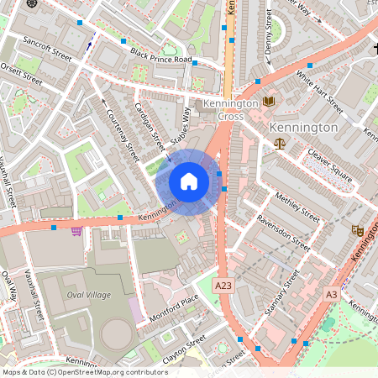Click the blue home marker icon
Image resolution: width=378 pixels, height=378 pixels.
pyautogui.click(x=189, y=181)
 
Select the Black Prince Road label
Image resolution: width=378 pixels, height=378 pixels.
pyautogui.click(x=161, y=55)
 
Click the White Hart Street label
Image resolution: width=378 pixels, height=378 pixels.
pyautogui.click(x=320, y=92)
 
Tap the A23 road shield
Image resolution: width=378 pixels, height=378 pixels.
pyautogui.click(x=223, y=286)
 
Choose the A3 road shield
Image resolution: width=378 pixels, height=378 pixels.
pyautogui.click(x=331, y=294)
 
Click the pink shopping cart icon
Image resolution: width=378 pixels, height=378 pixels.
pyautogui.click(x=76, y=230)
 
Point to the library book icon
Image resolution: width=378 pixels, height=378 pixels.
pyautogui.click(x=269, y=102)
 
